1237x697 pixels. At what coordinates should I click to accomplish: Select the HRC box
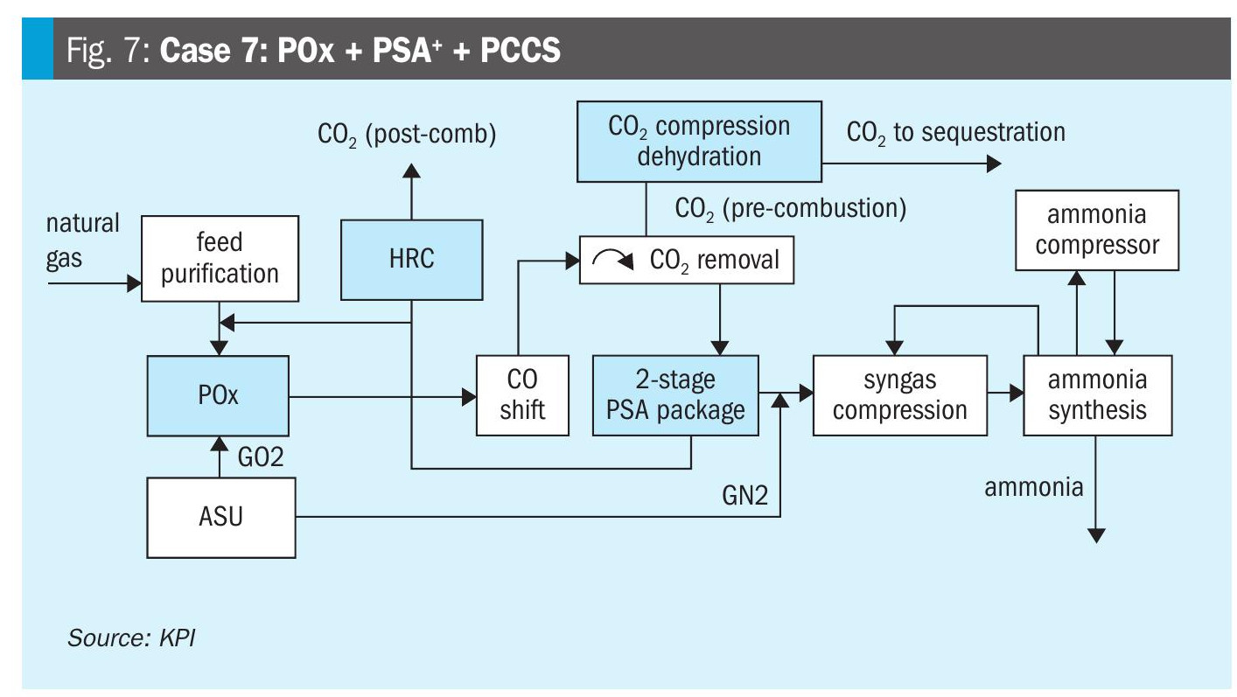pyautogui.click(x=410, y=260)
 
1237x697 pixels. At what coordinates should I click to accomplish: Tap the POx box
pyautogui.click(x=218, y=395)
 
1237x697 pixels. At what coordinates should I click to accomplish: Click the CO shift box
pyautogui.click(x=522, y=395)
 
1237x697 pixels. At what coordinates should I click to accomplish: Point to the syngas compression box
pyautogui.click(x=899, y=395)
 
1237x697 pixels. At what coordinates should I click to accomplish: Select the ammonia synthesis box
pyautogui.click(x=1097, y=395)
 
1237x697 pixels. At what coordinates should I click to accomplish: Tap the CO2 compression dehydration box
pyautogui.click(x=698, y=142)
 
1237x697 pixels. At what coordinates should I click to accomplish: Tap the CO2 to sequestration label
pyautogui.click(x=955, y=132)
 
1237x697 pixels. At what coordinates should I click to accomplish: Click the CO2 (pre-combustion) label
pyautogui.click(x=789, y=208)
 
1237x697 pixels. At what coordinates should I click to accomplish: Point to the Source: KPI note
pyautogui.click(x=131, y=637)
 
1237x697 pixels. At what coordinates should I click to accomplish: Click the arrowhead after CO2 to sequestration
pyautogui.click(x=993, y=163)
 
